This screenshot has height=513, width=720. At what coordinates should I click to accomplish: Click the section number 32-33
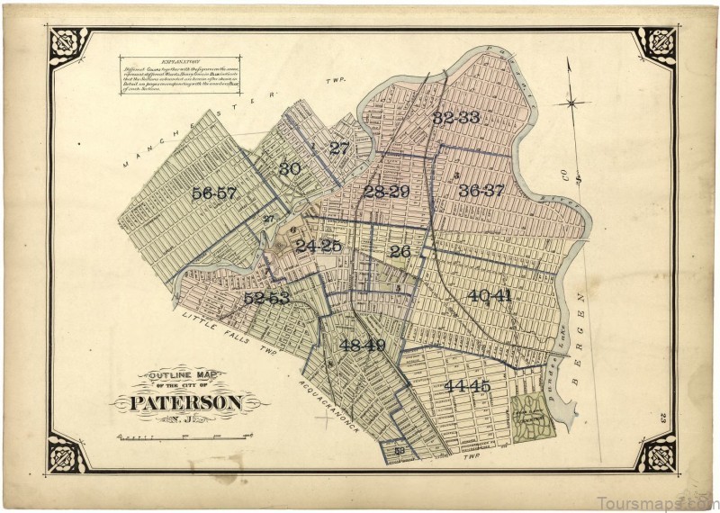coord(454,118)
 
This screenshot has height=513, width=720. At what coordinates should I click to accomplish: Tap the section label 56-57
coord(213,193)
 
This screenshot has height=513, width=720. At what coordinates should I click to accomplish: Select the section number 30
coord(289,168)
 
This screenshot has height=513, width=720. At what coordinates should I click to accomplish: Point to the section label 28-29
coord(386,191)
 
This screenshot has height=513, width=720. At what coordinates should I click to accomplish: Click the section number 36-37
coord(481,190)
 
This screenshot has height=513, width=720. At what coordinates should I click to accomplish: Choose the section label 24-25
coord(319,246)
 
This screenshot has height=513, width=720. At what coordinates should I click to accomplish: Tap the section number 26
coord(400,252)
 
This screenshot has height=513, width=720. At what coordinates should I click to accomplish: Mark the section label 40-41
coord(489,295)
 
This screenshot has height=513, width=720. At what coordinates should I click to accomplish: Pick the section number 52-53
coord(266,298)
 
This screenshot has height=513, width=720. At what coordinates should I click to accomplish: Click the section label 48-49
coord(363,345)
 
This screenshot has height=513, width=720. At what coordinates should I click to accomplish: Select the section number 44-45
coord(467,386)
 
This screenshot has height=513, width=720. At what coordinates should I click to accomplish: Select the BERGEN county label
coord(582,333)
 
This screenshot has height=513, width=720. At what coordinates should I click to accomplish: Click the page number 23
coord(661,416)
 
